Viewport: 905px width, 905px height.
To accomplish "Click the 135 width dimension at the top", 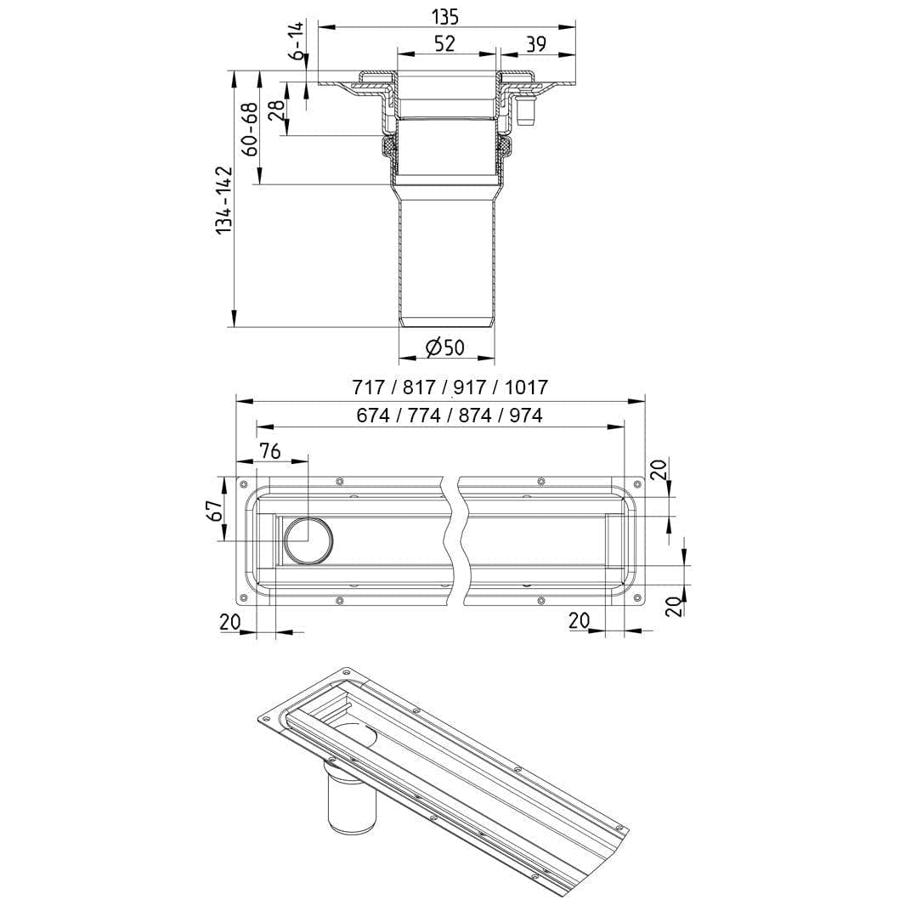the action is click(x=445, y=17).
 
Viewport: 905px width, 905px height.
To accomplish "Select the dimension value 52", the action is click(x=445, y=44).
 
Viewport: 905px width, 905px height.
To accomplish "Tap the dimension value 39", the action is click(x=536, y=44).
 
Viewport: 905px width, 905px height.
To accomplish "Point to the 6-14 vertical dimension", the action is click(x=297, y=41).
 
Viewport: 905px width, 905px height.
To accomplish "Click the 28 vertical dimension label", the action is click(x=277, y=110).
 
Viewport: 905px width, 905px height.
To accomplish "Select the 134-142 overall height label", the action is click(x=223, y=201).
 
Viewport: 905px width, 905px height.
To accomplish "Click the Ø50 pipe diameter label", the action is click(x=445, y=348).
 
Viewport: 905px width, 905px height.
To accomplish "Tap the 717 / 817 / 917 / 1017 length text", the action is click(x=450, y=387).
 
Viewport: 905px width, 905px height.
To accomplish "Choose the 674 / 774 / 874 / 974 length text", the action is click(x=450, y=416).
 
